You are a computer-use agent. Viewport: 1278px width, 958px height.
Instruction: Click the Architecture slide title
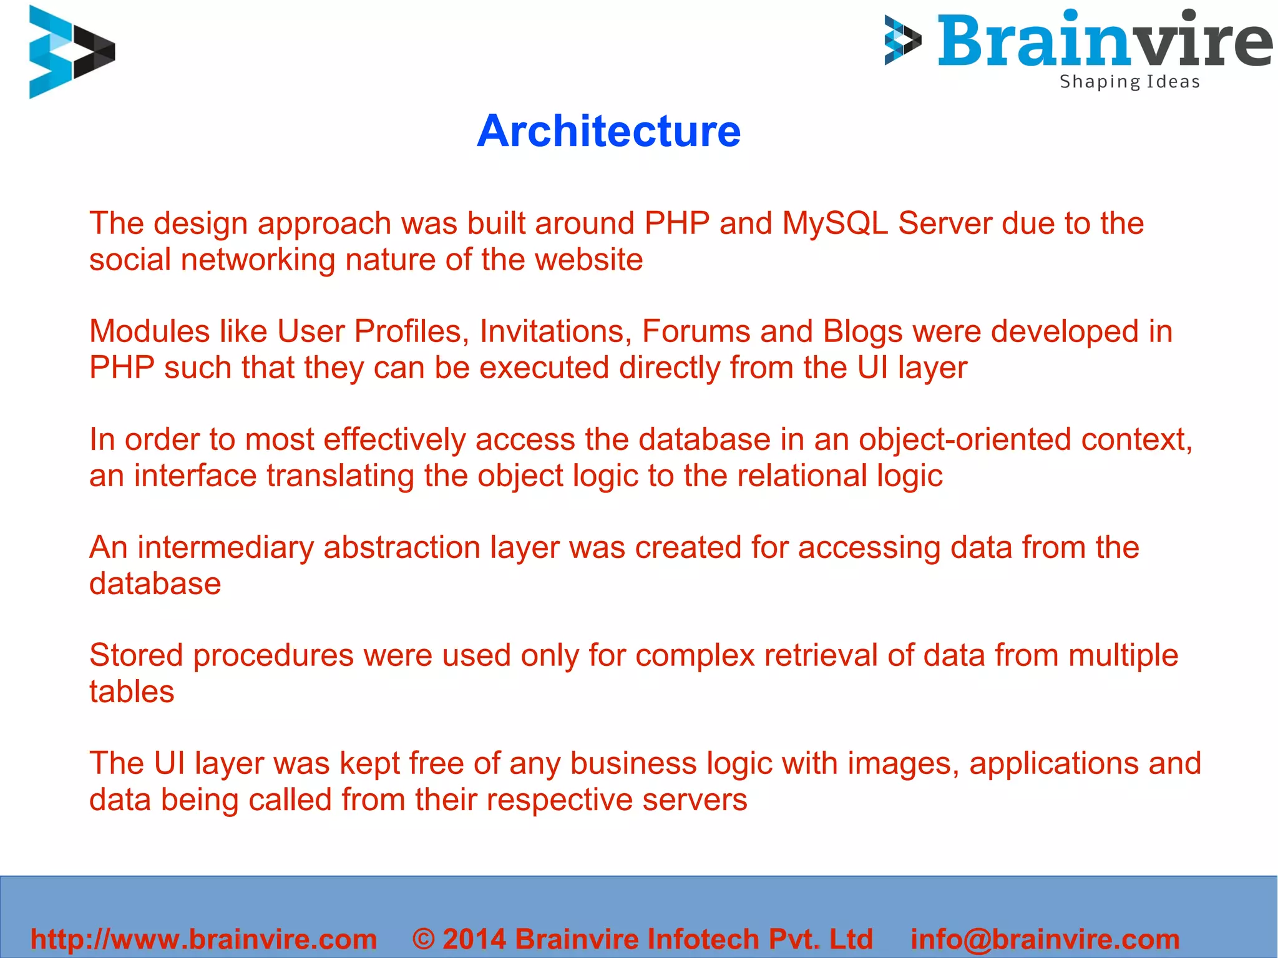tap(608, 132)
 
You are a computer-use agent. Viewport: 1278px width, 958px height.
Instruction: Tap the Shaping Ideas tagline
tap(1129, 82)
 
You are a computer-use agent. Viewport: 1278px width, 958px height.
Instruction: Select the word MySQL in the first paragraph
tap(835, 223)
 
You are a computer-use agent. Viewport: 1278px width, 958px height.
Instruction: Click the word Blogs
tap(862, 331)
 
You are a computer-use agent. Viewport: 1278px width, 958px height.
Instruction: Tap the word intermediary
tap(225, 547)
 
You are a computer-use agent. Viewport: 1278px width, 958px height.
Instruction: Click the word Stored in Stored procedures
tap(136, 655)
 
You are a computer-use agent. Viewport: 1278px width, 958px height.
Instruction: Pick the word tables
tap(132, 692)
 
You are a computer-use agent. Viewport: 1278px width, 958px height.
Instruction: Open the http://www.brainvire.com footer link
tap(204, 939)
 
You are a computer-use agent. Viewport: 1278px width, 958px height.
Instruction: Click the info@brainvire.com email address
tap(1045, 939)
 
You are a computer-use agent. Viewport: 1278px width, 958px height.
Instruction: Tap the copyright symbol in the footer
tap(424, 939)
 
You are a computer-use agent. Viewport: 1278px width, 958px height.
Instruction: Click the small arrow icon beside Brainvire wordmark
tap(902, 41)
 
